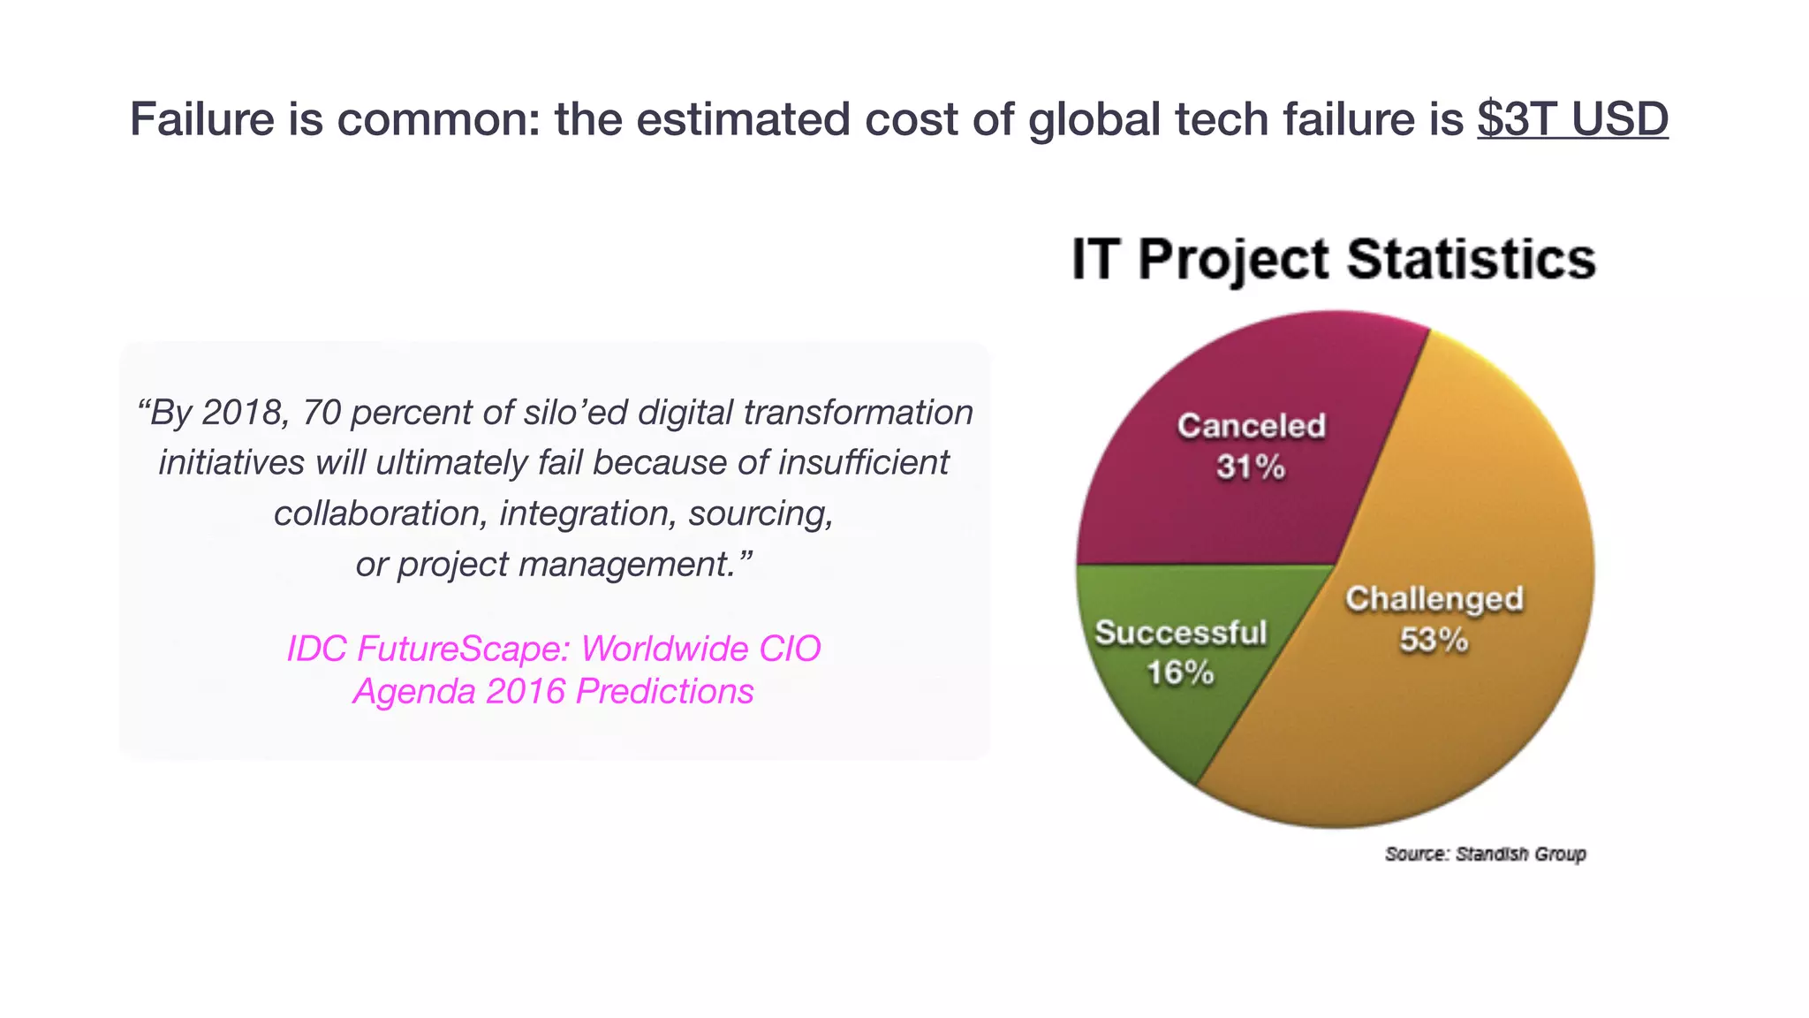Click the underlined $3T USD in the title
point(1571,119)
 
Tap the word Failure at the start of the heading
point(202,119)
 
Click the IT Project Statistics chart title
point(1333,259)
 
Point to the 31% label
point(1250,467)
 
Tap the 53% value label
point(1433,639)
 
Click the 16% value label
point(1180,673)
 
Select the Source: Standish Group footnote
point(1485,854)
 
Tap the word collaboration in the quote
point(377,513)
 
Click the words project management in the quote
point(566,564)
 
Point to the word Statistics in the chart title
point(1471,259)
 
